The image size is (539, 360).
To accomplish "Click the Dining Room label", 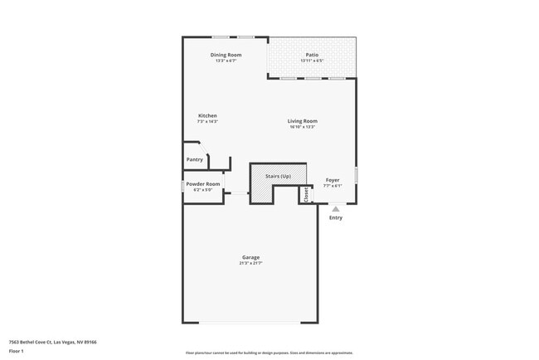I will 226,55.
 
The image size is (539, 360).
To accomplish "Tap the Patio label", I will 312,55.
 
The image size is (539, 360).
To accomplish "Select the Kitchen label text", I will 207,115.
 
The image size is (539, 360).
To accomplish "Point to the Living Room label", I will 303,121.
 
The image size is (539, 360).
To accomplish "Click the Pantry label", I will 195,159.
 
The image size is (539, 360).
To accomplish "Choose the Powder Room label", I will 203,183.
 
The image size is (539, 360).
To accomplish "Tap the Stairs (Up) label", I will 278,177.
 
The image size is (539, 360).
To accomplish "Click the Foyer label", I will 333,179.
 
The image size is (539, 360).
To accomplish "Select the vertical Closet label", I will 306,195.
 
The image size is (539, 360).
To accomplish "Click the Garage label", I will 250,257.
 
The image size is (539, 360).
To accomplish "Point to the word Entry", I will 336,218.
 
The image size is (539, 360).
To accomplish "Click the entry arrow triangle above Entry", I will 336,209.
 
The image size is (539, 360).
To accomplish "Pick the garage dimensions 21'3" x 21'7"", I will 250,263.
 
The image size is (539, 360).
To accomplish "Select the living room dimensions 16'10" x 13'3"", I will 303,127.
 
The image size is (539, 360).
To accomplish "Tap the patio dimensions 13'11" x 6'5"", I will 312,61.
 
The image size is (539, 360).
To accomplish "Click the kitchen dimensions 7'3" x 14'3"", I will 207,121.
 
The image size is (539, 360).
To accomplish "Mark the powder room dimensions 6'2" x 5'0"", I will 203,189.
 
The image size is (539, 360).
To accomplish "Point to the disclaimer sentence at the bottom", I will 268,353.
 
